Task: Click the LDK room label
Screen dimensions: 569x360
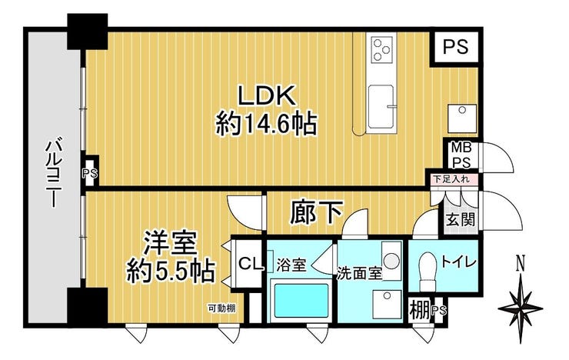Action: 265,96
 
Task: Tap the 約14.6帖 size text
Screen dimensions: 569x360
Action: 266,124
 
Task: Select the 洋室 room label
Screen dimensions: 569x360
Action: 171,244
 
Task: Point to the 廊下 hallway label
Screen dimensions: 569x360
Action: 317,213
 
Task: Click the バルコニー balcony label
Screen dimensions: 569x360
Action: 53,172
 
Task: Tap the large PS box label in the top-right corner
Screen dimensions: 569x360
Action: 456,46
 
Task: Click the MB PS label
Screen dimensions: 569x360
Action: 461,155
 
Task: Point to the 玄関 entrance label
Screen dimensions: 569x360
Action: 461,219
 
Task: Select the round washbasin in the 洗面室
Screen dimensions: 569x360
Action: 391,261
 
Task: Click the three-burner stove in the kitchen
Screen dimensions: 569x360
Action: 381,49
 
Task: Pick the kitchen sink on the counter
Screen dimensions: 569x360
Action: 381,107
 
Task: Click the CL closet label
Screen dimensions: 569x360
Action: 250,264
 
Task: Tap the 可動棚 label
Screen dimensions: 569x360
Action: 221,308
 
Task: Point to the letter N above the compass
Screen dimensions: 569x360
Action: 521,263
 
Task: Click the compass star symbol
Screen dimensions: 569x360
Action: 521,308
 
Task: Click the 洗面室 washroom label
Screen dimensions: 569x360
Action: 360,273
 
